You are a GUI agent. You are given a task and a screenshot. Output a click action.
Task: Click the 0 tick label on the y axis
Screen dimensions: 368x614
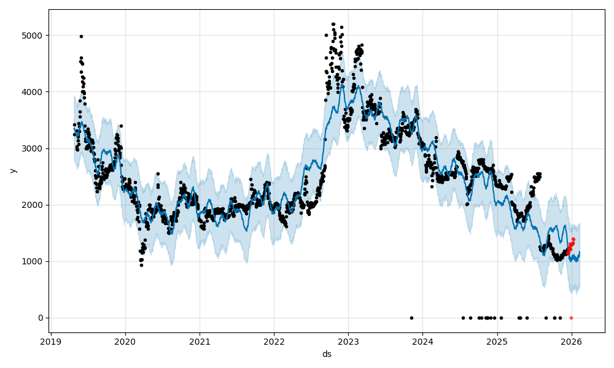coord(40,318)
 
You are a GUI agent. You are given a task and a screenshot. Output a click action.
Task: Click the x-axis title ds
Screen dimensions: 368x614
coord(327,354)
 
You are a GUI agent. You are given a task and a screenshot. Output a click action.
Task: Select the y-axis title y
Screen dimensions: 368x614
coord(12,171)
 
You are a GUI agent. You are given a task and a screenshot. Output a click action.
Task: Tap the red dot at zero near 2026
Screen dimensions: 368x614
coord(571,318)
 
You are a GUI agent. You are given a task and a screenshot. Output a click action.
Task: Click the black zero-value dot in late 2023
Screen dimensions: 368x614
coord(411,318)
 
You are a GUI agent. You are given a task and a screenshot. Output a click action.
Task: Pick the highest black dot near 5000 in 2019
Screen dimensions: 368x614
coord(81,36)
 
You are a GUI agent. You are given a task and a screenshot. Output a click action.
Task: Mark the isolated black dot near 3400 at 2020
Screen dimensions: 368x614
coord(121,126)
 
